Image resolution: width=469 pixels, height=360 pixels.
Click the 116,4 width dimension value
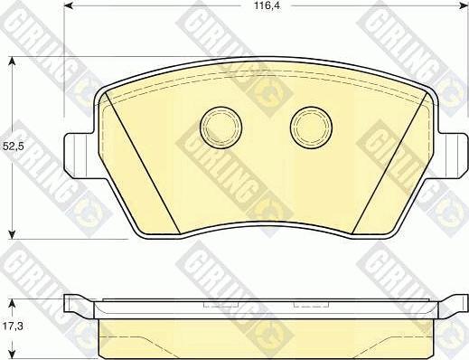263,7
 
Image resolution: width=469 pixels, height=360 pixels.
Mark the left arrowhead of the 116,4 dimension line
69,8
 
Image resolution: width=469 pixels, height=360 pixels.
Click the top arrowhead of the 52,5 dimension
12,62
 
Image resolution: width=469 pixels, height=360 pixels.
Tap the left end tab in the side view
77,306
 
